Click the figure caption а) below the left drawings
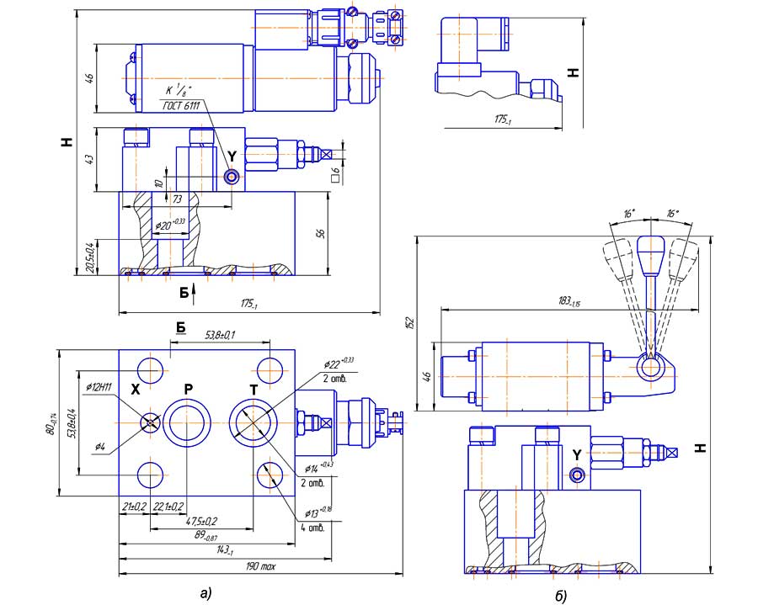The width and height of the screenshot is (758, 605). click(206, 592)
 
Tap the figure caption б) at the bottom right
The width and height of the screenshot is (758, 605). click(560, 596)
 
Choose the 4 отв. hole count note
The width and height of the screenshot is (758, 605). click(312, 528)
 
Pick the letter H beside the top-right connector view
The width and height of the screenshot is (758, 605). click(574, 72)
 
